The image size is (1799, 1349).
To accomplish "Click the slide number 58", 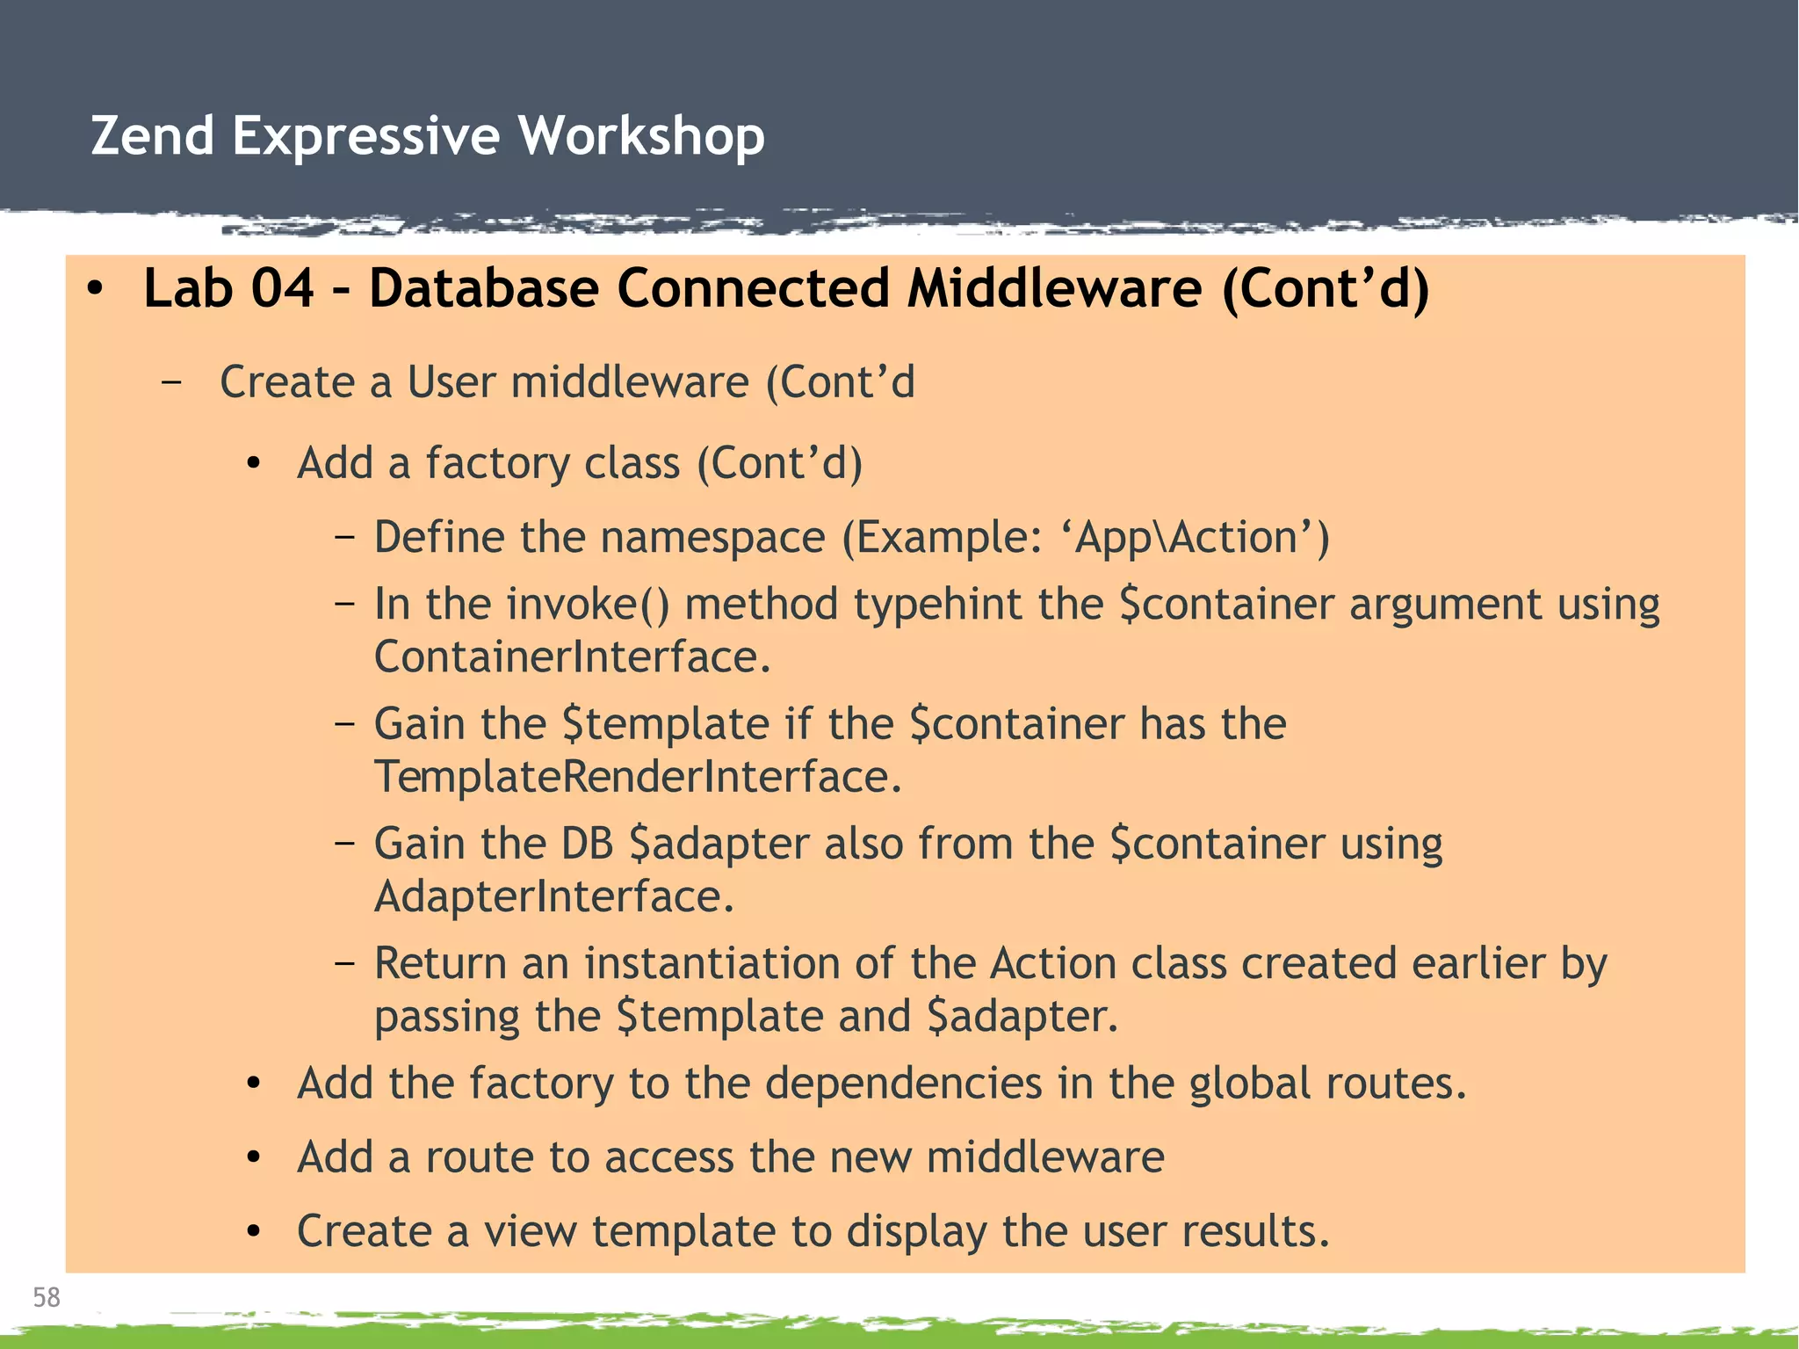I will pos(46,1297).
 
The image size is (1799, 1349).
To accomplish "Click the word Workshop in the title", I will pos(640,136).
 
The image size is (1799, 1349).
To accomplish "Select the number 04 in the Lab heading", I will pos(282,288).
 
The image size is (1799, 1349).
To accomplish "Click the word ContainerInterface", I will pos(572,657).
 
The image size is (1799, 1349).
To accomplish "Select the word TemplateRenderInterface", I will pos(638,777).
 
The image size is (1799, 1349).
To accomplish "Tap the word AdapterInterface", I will pos(553,896).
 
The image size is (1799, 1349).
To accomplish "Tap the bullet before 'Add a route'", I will pos(254,1158).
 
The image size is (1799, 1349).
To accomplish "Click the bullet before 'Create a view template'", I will pos(254,1232).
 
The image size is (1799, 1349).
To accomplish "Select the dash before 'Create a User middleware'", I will pos(172,382).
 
